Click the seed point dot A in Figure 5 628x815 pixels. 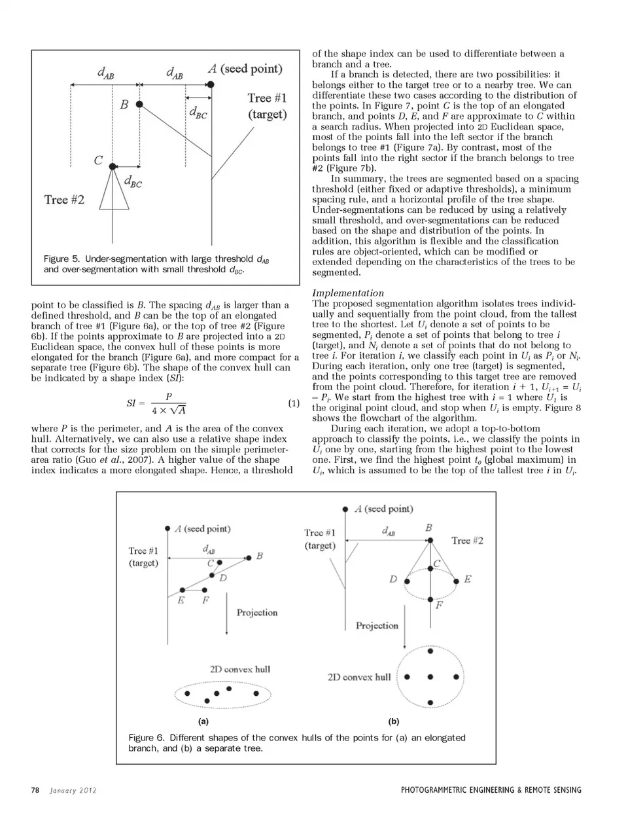211,84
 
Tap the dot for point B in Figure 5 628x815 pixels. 139,104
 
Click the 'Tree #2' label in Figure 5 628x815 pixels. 64,199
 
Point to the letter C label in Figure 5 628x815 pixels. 98,160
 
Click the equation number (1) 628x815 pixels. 294,403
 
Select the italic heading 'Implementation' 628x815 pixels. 348,293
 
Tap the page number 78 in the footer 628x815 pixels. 35,790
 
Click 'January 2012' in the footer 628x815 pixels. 73,790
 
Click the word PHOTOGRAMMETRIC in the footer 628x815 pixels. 438,790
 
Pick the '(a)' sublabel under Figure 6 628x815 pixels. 203,721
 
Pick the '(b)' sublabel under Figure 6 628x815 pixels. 393,721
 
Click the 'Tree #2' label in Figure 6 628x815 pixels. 467,540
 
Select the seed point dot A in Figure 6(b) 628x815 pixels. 345,509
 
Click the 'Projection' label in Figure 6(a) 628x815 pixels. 257,612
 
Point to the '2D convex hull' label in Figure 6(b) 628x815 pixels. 358,677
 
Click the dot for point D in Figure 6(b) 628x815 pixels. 407,580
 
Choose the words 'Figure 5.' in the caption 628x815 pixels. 61,259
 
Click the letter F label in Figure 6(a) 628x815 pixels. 205,600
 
